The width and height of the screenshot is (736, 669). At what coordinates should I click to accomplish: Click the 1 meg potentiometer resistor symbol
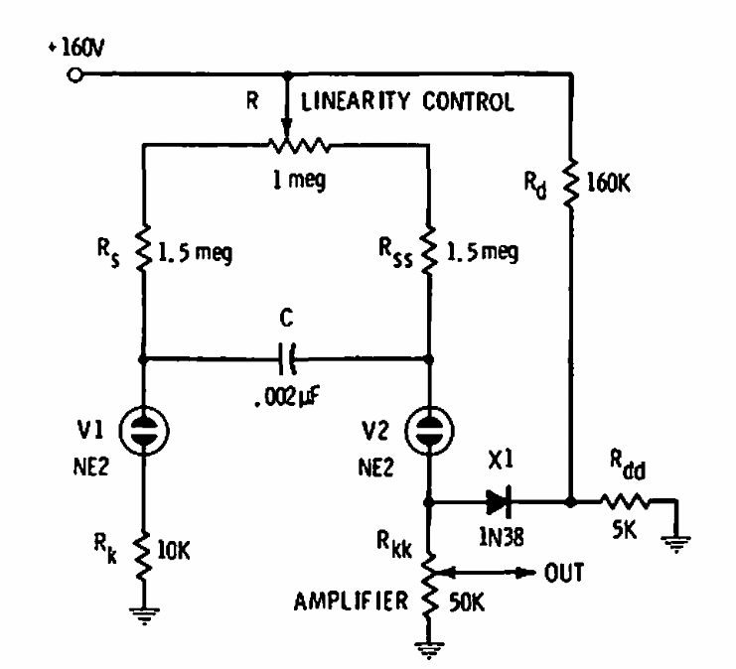click(287, 146)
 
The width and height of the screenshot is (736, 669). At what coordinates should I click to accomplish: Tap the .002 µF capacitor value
click(286, 399)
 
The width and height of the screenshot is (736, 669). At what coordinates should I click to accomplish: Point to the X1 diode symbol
click(501, 501)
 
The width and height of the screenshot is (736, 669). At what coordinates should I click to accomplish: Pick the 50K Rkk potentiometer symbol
click(430, 586)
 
